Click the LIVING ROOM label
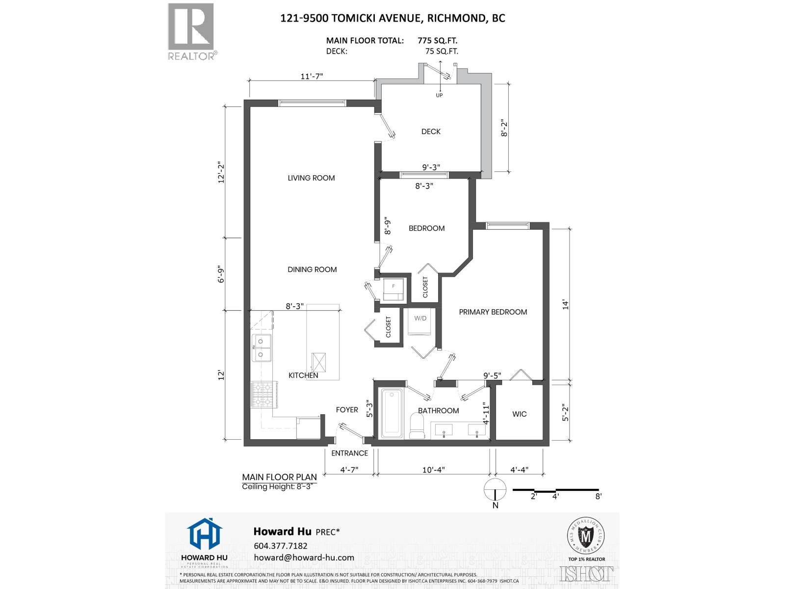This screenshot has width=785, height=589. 311,178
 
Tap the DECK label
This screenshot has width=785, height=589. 431,132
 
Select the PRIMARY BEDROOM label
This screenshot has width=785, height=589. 493,312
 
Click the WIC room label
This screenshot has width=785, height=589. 519,414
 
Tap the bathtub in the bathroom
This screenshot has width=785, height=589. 392,413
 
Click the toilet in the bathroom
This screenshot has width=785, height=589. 417,425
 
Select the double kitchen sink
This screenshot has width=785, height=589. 262,348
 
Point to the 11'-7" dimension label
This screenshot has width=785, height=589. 312,77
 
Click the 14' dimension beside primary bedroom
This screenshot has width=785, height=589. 565,304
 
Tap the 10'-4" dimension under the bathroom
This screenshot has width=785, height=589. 433,470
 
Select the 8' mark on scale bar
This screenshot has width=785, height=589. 598,496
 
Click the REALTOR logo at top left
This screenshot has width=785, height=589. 191,30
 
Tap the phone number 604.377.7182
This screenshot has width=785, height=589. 280,546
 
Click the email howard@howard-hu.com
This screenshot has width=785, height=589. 304,558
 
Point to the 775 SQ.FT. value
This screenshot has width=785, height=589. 438,41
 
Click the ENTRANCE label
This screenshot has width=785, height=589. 349,453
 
